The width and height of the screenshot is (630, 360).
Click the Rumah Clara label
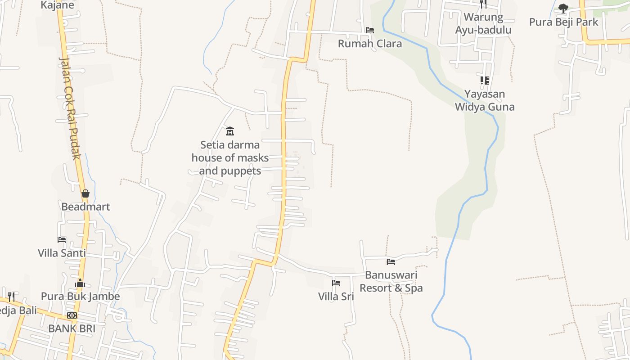point(369,44)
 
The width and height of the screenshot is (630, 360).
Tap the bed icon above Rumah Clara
point(370,30)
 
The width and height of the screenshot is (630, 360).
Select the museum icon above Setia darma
point(230,131)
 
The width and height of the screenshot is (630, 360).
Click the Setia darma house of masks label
point(230,158)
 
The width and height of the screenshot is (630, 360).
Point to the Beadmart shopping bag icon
point(85,193)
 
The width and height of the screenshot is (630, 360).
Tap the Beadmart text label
point(85,207)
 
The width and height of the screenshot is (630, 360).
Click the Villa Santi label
point(62,253)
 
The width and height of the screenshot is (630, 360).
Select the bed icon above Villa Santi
point(62,239)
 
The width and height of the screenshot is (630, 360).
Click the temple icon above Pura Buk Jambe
point(80,283)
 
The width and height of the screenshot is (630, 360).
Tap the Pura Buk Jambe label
point(80,297)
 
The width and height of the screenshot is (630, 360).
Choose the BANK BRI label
point(72,328)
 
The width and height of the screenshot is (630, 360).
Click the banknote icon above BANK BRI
point(72,315)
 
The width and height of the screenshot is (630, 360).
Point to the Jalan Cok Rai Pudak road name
point(70,108)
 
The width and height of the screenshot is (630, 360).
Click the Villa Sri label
point(336,297)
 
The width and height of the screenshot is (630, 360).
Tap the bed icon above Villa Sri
point(336,283)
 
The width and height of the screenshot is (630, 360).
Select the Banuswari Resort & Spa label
point(391,281)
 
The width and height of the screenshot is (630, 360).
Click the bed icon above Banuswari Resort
point(391,261)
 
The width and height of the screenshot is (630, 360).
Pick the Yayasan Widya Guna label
point(485,100)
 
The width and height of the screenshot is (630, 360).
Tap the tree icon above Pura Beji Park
point(563,8)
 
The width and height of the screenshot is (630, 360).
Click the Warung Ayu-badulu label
point(483,23)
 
